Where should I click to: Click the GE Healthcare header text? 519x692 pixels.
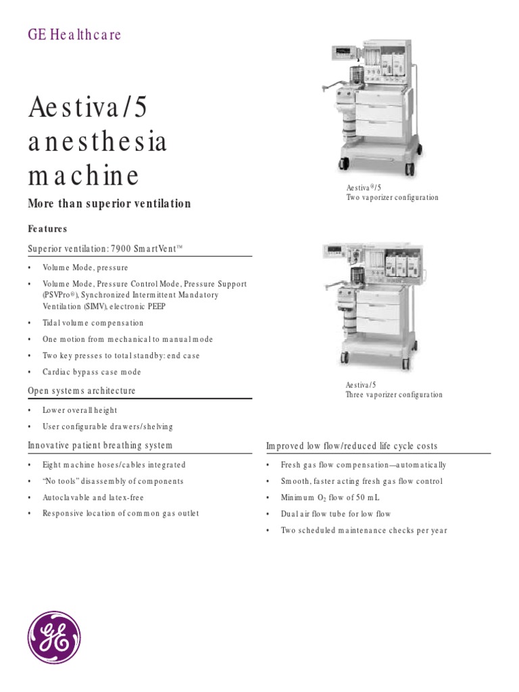pos(74,35)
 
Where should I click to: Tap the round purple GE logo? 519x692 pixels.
pos(54,637)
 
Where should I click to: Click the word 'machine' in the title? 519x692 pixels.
pos(84,176)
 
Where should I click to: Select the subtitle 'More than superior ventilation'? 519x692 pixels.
pos(109,204)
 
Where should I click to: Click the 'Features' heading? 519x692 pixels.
pos(47,229)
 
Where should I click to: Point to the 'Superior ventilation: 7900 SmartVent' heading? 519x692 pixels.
pos(105,249)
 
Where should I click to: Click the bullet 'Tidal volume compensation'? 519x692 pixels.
pos(93,323)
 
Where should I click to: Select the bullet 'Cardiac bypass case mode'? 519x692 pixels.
pos(91,372)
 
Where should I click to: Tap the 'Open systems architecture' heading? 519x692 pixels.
pos(81,391)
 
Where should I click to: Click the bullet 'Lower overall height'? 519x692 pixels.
pos(80,410)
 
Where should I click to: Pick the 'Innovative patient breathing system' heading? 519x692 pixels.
pos(99,445)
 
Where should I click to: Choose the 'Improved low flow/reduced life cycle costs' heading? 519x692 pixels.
pos(351,446)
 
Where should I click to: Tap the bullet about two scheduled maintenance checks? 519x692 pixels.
pos(364,530)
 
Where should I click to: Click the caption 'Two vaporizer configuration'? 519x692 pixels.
pos(392,198)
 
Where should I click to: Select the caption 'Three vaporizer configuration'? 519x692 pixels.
pos(394,395)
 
